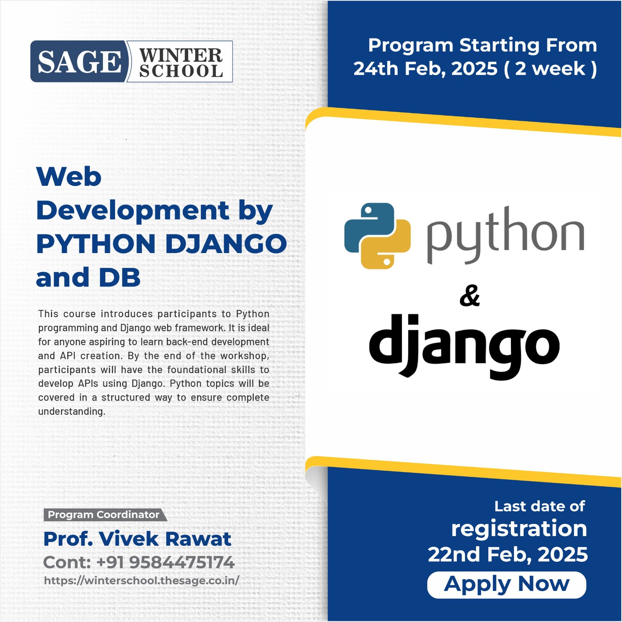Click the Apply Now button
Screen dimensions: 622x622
coord(507,585)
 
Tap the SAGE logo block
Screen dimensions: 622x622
coord(79,61)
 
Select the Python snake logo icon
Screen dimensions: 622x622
coord(377,236)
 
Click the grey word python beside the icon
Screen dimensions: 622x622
coord(505,235)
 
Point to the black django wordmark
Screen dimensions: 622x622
coord(464,346)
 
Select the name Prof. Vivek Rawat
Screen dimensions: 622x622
coord(137,539)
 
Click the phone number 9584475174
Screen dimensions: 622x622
coord(182,562)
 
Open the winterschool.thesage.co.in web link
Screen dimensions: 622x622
coord(142,580)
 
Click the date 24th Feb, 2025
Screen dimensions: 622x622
coord(425,69)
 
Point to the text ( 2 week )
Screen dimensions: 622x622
coord(550,69)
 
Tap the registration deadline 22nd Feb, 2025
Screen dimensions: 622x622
coord(508,554)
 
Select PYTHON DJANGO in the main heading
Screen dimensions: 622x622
coord(162,244)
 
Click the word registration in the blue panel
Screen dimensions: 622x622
coord(519,529)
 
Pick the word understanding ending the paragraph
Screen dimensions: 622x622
coord(72,411)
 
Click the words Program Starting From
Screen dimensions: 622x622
coord(482,45)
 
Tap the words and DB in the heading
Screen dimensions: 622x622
coord(88,277)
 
